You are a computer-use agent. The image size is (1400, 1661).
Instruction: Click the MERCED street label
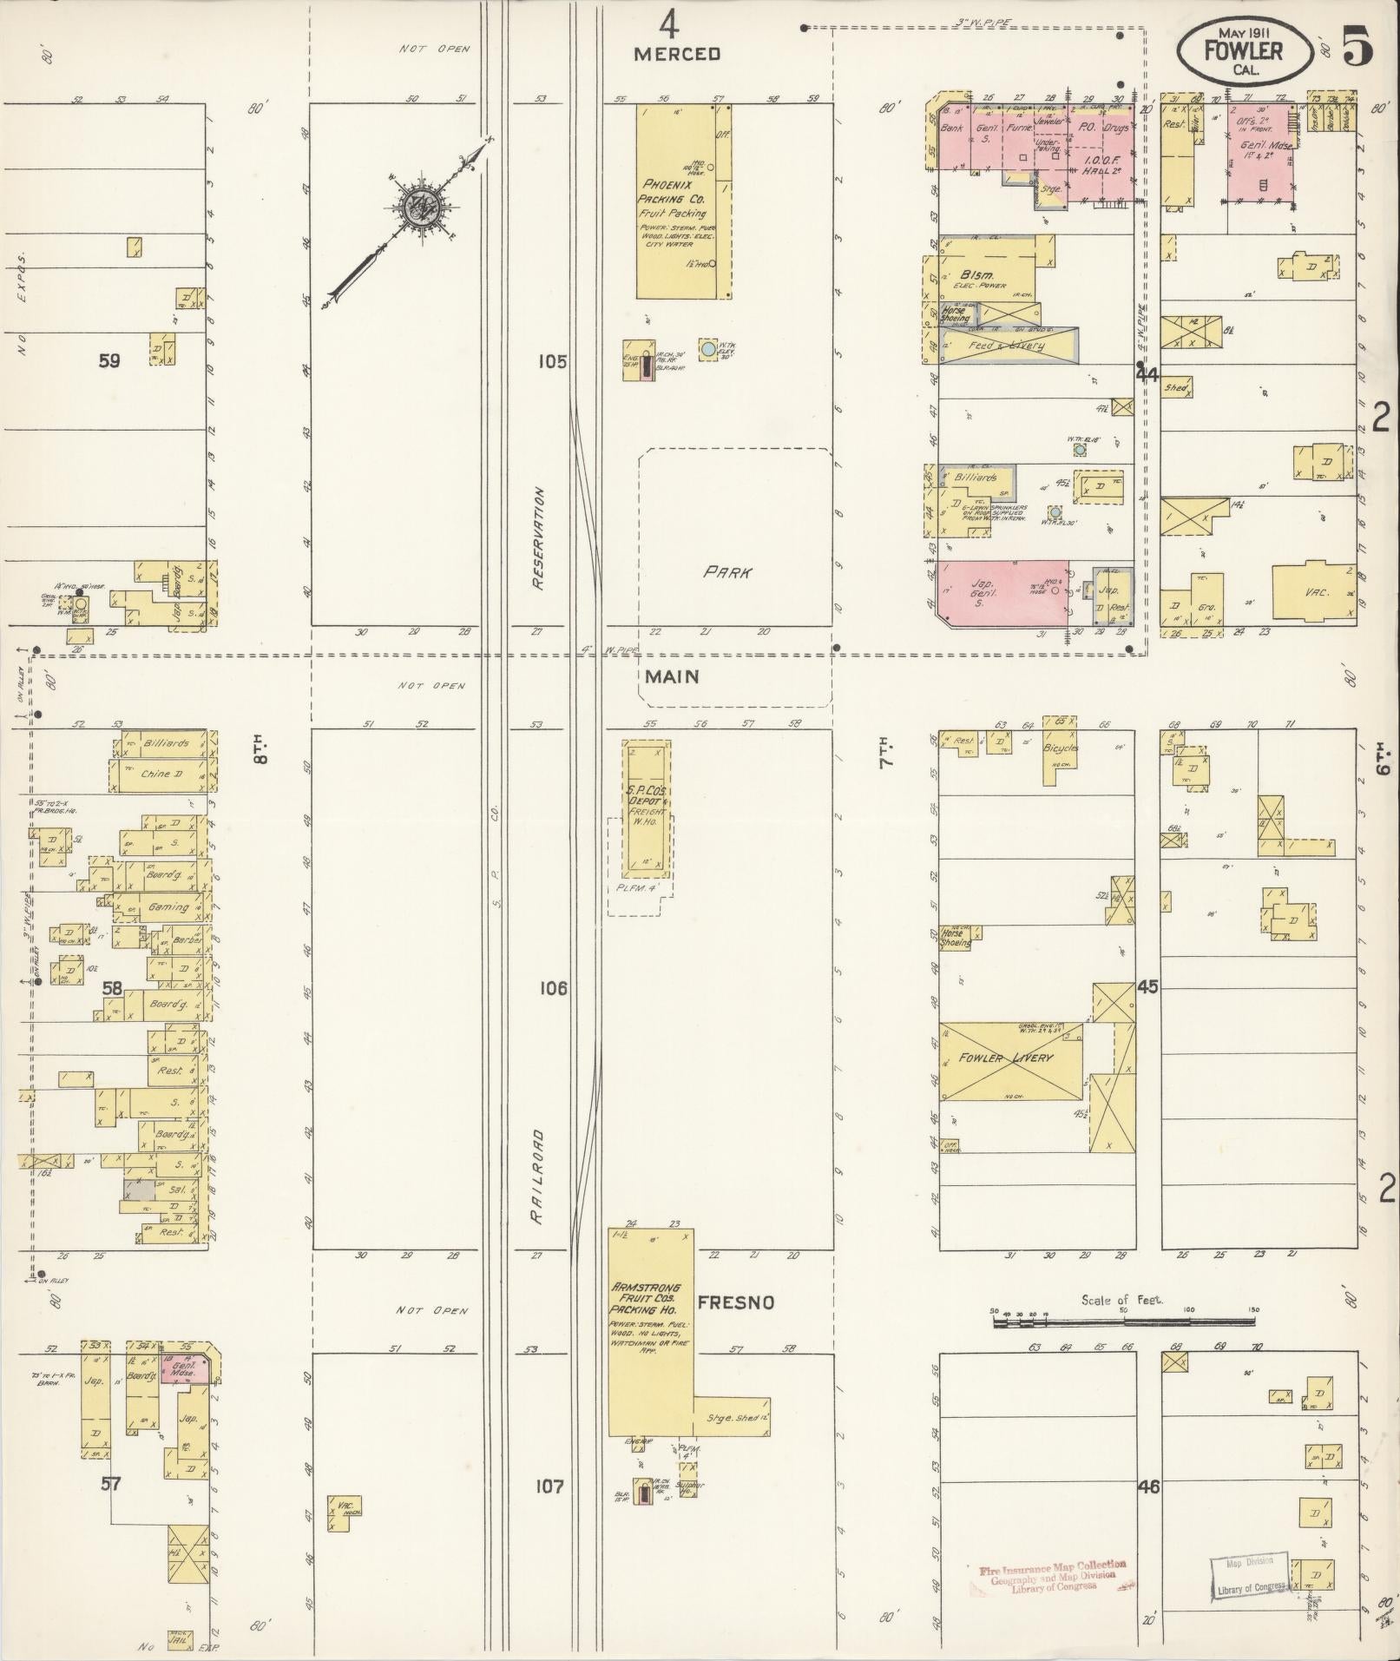677,54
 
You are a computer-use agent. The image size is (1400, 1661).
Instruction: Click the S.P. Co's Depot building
647,807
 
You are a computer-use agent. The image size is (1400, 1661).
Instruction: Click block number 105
551,361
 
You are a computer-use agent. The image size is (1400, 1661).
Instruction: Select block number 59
109,361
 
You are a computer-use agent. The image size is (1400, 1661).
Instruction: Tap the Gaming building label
168,906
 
